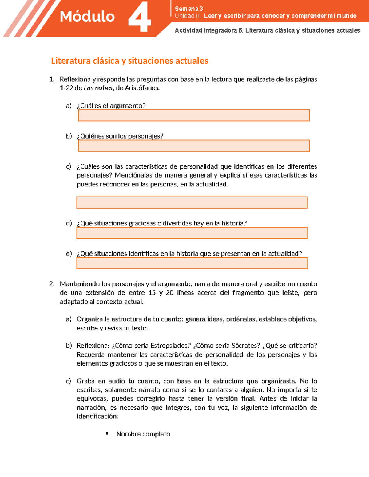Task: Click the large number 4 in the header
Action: click(140, 17)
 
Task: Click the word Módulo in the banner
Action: click(87, 17)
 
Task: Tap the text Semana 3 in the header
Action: click(189, 9)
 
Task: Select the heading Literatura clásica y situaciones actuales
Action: click(129, 61)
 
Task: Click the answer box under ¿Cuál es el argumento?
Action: click(194, 115)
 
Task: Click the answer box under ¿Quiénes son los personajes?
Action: click(194, 146)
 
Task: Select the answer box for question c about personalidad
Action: click(192, 203)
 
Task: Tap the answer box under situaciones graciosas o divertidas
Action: click(192, 233)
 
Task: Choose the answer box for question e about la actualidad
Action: click(192, 263)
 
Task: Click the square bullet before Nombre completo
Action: click(107, 434)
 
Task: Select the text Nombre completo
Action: click(143, 434)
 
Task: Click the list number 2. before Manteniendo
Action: click(52, 284)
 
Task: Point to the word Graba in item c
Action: click(85, 381)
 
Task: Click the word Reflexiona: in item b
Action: click(93, 346)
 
